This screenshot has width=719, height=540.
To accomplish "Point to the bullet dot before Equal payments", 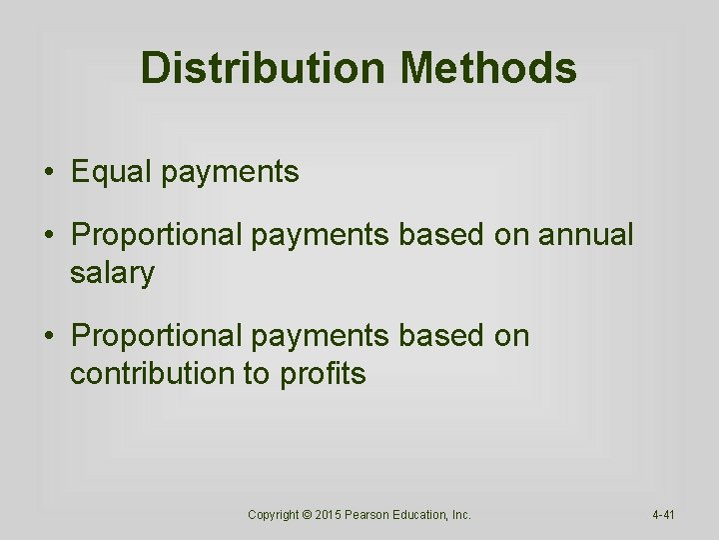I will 49,172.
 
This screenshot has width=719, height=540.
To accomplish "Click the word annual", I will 586,235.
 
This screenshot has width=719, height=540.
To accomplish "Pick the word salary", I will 112,273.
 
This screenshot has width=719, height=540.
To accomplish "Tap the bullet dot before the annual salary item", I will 49,235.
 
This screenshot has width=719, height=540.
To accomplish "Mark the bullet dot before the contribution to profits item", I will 49,336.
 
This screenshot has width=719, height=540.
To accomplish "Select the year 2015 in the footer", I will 332,514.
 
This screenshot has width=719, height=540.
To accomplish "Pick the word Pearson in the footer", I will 373,514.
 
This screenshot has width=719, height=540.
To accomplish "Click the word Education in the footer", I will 425,514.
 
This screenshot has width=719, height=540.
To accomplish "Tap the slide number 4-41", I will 664,514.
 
